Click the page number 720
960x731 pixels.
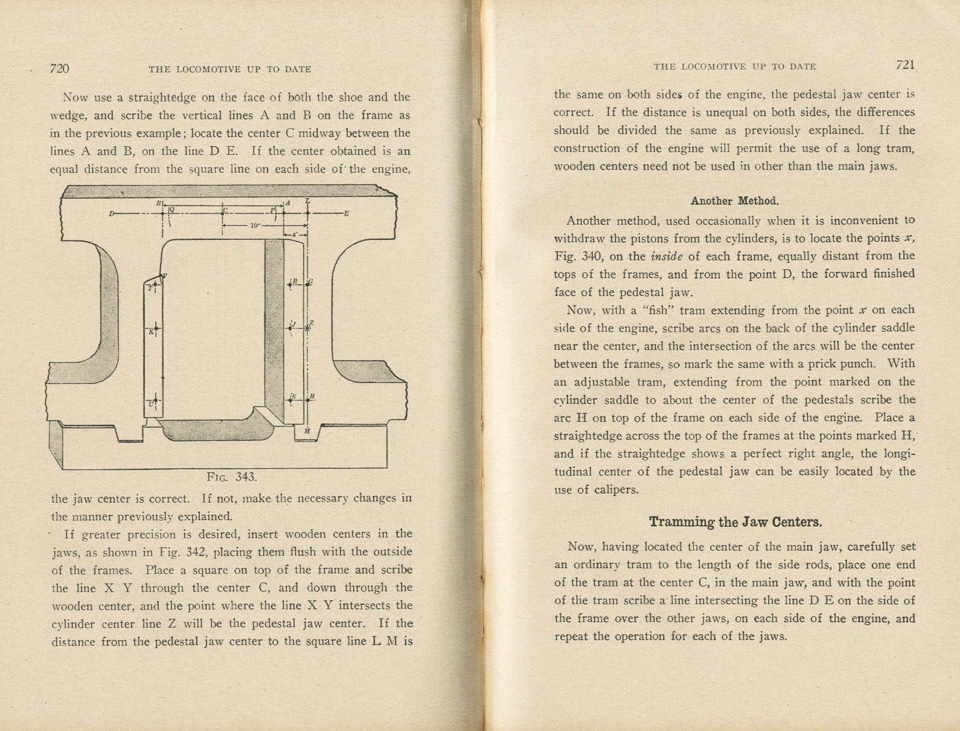[59, 68]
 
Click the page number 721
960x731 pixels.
[906, 65]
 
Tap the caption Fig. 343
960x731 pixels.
[232, 477]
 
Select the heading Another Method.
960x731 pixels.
[734, 201]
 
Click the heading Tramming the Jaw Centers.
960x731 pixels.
[735, 522]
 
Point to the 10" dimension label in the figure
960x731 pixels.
[255, 225]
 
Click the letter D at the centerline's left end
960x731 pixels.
[112, 213]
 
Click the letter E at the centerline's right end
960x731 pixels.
[346, 213]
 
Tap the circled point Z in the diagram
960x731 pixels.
[307, 327]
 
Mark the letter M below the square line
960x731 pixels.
[307, 431]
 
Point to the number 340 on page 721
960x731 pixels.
[589, 256]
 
